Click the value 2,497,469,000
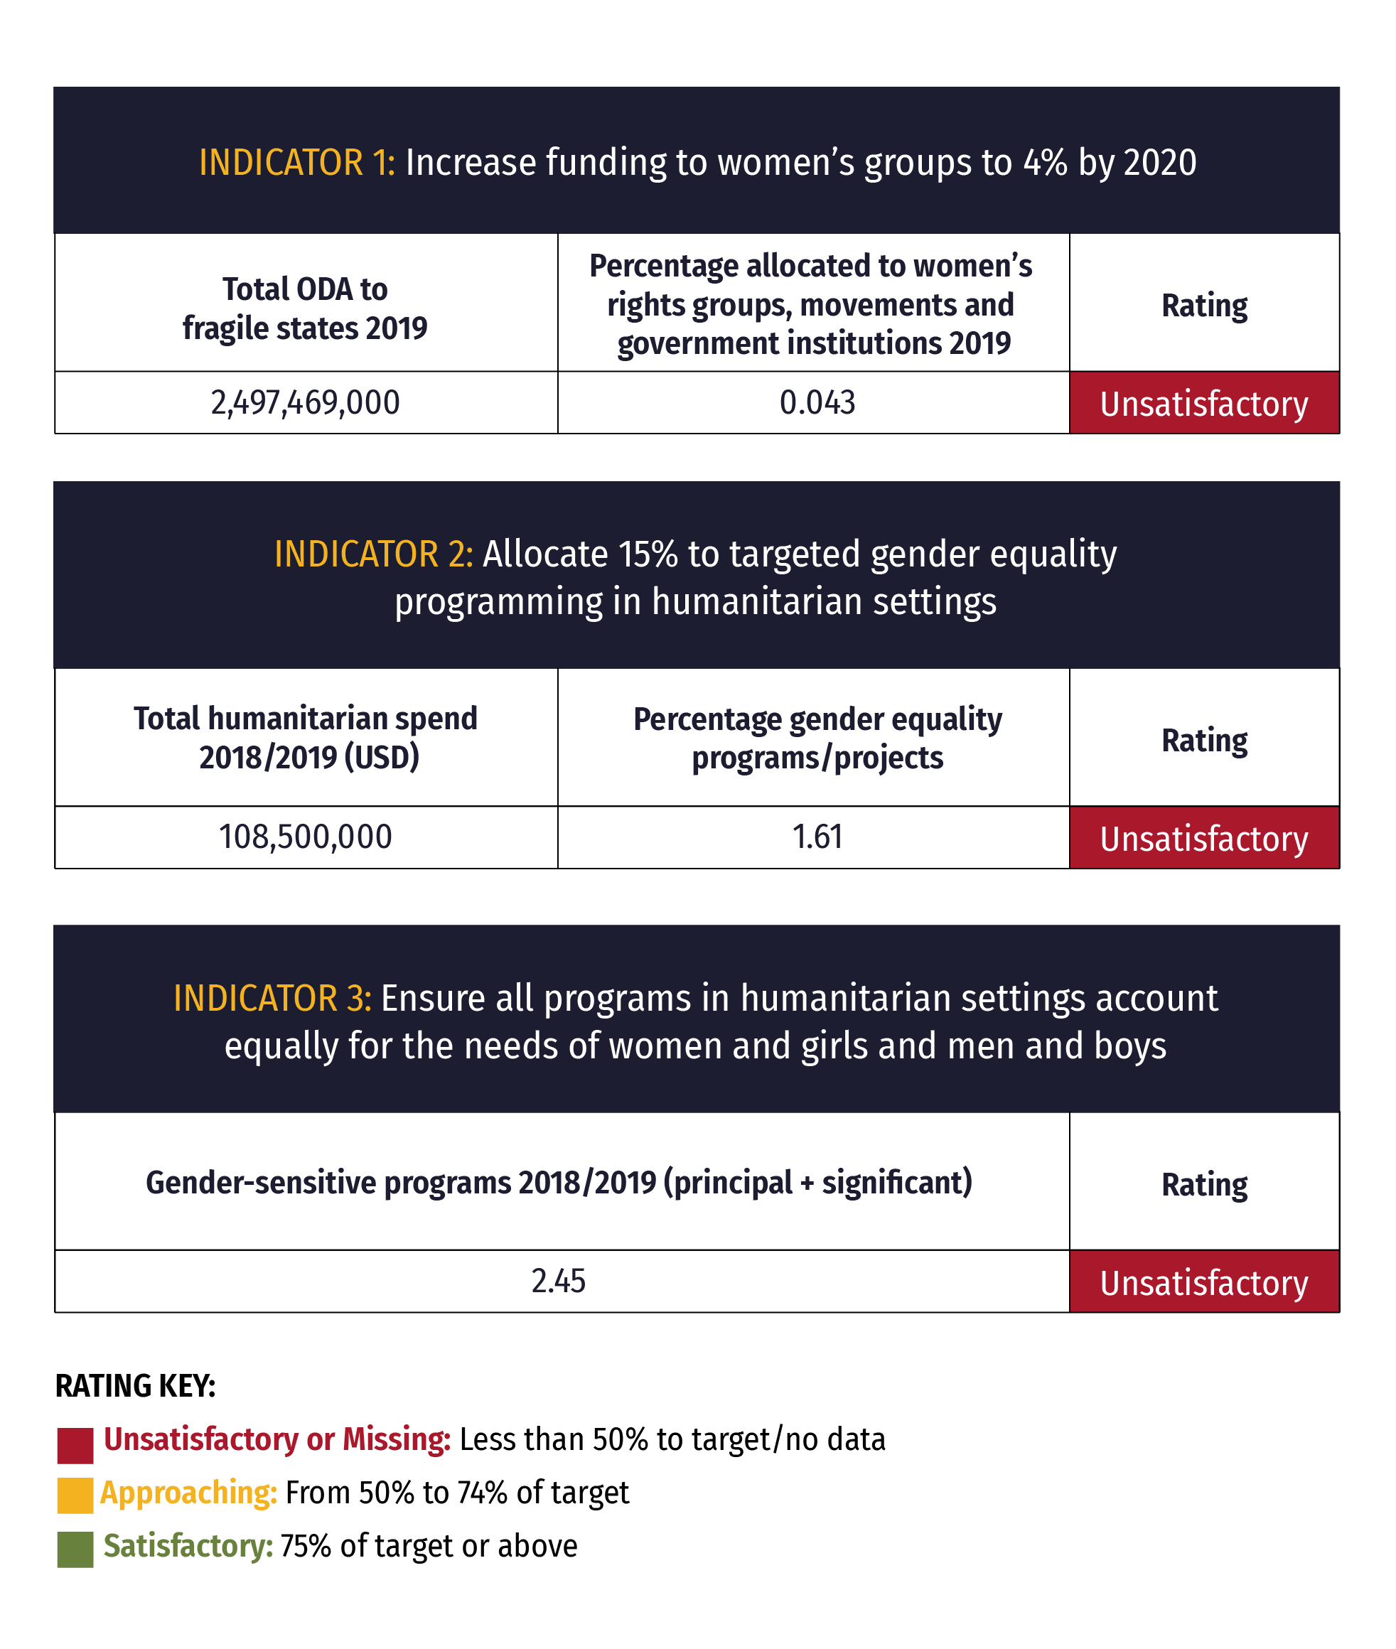tap(305, 403)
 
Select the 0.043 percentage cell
tap(817, 403)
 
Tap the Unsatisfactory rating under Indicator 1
tap(1203, 404)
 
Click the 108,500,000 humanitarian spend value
tap(305, 837)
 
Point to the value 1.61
tap(817, 837)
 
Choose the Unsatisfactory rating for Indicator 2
tap(1203, 839)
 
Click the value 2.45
tap(558, 1281)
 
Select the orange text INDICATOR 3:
tap(272, 999)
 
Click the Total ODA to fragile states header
tap(305, 308)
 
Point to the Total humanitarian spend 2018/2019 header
tap(305, 738)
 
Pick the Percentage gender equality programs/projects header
tap(817, 738)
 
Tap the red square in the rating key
tap(75, 1446)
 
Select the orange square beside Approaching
tap(75, 1496)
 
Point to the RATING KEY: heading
tap(135, 1386)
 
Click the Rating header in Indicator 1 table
tap(1203, 306)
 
